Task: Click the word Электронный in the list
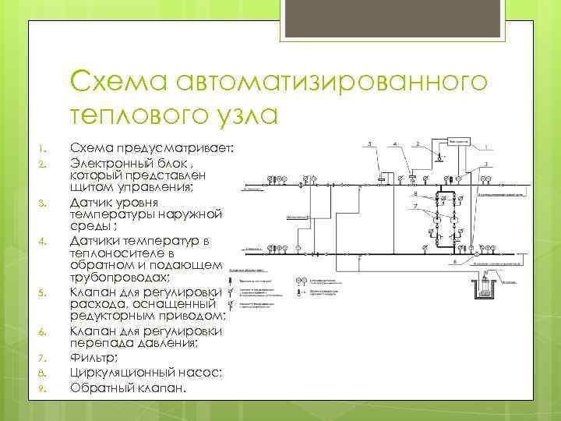(x=111, y=162)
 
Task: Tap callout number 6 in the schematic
(x=453, y=262)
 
